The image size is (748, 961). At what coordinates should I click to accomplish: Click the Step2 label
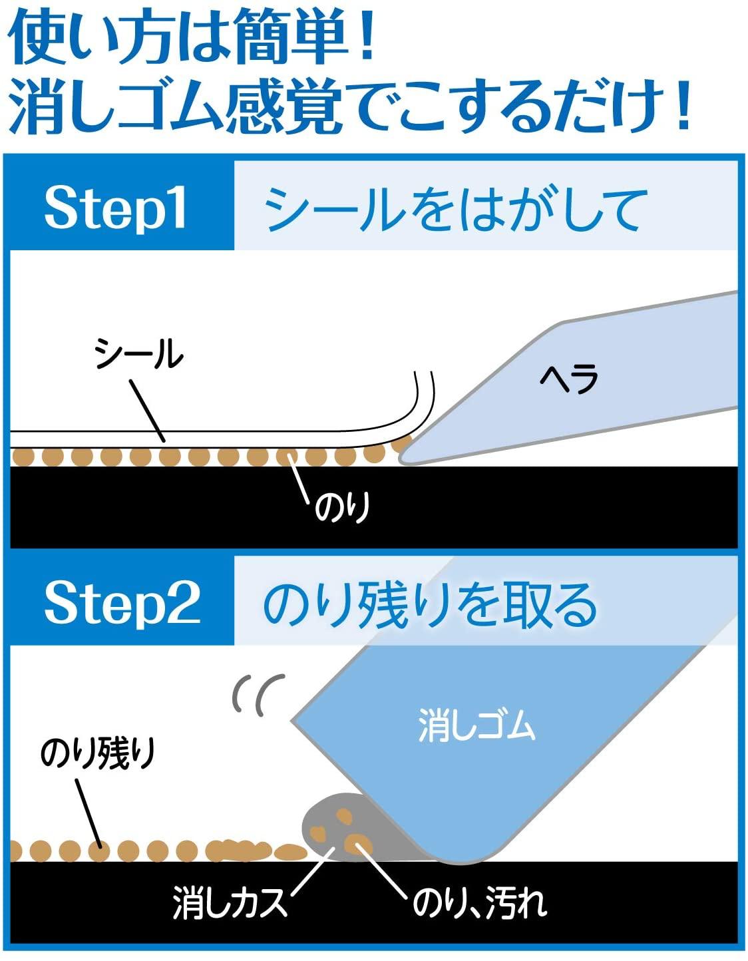point(122,604)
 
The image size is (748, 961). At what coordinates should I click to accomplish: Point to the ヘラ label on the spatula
point(569,379)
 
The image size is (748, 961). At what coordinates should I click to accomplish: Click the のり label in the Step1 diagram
point(342,508)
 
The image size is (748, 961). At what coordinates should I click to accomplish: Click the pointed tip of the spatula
point(401,461)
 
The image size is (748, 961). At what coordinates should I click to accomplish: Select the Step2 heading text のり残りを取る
point(430,604)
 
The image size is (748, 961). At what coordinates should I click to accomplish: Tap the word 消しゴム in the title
point(115,108)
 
